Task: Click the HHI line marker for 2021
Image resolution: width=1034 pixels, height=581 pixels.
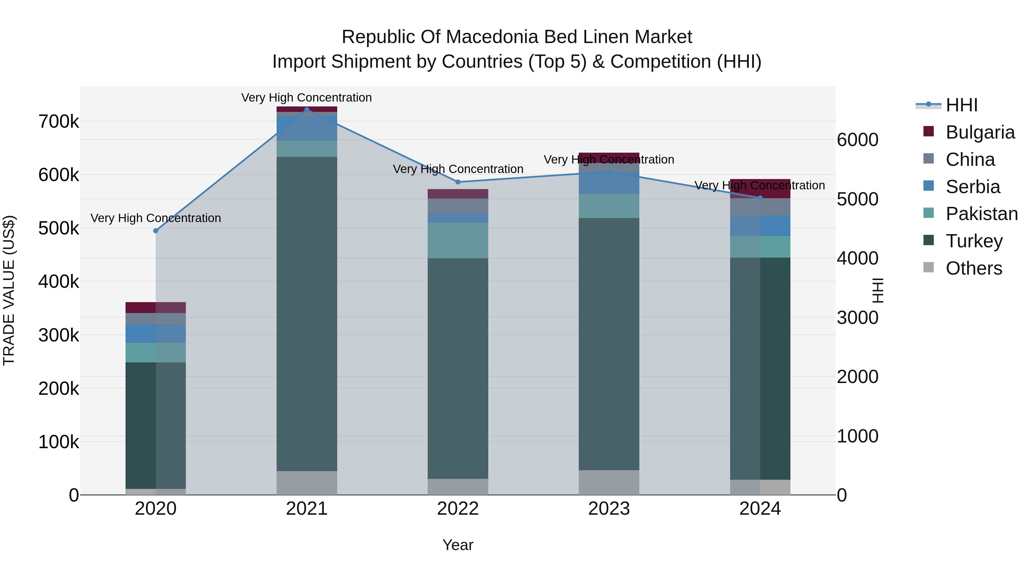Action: point(307,110)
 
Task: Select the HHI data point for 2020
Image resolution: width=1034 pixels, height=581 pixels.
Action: point(156,231)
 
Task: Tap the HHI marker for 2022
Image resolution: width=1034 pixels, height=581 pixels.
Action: point(458,182)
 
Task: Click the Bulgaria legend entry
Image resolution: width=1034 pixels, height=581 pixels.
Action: point(979,132)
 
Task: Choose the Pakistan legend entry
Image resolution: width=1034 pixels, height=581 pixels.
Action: point(981,214)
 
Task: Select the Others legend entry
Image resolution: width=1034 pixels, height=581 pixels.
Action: point(973,268)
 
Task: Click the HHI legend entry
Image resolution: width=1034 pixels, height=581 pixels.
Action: point(961,105)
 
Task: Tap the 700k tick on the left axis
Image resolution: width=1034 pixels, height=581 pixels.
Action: point(59,121)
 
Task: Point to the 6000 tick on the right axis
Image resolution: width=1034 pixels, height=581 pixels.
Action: point(858,140)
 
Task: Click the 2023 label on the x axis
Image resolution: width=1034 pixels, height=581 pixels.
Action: point(609,509)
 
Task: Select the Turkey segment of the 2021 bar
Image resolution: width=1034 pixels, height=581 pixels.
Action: point(307,313)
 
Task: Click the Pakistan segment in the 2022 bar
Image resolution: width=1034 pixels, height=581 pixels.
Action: point(458,241)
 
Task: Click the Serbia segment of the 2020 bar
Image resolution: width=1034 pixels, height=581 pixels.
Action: point(156,334)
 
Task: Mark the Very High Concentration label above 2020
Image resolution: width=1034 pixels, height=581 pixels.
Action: point(156,218)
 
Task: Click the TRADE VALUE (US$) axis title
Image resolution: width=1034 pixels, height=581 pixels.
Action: point(9,290)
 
